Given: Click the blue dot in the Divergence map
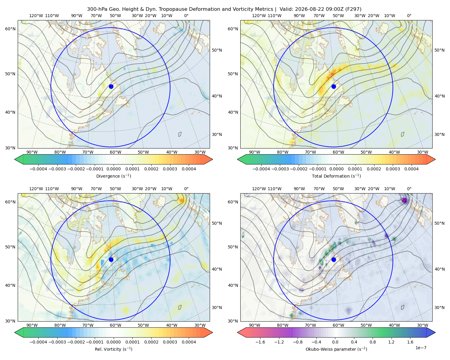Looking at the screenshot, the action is click(x=111, y=86).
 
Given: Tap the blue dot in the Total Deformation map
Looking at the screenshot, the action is click(x=334, y=86).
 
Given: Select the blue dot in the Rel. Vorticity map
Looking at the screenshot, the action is click(x=111, y=259).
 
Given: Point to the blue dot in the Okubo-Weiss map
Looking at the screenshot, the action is click(x=334, y=259).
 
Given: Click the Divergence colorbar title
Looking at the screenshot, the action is click(x=113, y=176).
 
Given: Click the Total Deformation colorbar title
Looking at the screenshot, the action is click(x=336, y=176).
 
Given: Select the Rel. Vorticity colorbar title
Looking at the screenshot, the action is click(x=113, y=349).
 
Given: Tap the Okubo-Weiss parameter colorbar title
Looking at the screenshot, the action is click(x=336, y=349).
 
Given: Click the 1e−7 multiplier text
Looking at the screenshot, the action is click(x=421, y=348).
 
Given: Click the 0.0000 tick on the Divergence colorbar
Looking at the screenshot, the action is click(x=113, y=169).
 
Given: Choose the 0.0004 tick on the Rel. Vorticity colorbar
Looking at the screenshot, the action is click(x=189, y=342).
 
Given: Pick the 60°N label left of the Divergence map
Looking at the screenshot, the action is click(x=10, y=29).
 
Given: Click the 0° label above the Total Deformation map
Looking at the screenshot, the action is click(x=409, y=16).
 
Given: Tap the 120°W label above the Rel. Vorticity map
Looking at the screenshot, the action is click(x=36, y=189).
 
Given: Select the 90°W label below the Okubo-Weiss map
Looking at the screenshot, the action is click(x=254, y=325).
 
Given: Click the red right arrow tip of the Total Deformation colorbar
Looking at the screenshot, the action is click(x=435, y=159).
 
